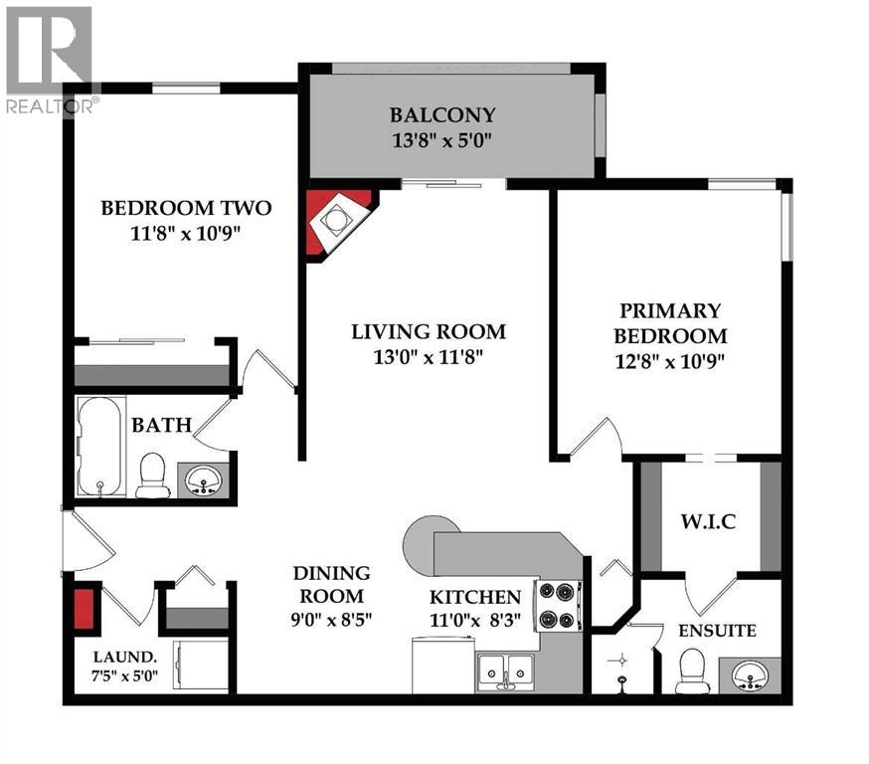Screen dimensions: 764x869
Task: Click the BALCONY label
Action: [x=442, y=115]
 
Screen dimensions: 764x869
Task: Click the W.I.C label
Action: [x=707, y=522]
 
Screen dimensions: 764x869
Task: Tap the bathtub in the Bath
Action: [x=102, y=446]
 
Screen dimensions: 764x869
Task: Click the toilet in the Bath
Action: [x=152, y=475]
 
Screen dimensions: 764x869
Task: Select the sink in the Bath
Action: [x=204, y=479]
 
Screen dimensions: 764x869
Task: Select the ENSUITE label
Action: [x=718, y=631]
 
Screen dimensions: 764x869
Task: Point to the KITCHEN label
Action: [x=474, y=598]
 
